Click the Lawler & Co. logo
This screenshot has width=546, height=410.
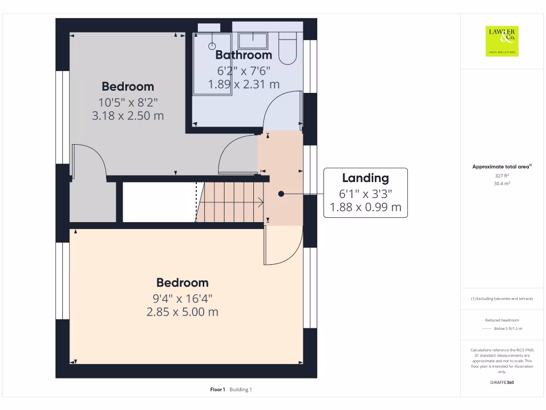pyautogui.click(x=502, y=41)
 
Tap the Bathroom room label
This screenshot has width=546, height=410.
pyautogui.click(x=244, y=55)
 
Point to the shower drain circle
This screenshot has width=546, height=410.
pyautogui.click(x=212, y=46)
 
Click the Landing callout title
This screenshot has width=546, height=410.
pyautogui.click(x=365, y=178)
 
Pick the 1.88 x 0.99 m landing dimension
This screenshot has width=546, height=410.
pyautogui.click(x=365, y=207)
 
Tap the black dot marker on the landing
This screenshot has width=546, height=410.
pyautogui.click(x=281, y=194)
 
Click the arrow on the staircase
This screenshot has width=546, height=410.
pyautogui.click(x=259, y=202)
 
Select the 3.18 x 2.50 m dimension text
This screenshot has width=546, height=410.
pyautogui.click(x=128, y=115)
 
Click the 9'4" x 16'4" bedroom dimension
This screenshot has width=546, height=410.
pyautogui.click(x=182, y=298)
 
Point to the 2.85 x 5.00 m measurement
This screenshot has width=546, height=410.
pyautogui.click(x=182, y=312)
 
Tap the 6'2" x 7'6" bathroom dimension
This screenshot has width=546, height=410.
pyautogui.click(x=244, y=70)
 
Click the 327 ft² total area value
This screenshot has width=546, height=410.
pyautogui.click(x=502, y=175)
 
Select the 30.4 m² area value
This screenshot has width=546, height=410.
pyautogui.click(x=502, y=183)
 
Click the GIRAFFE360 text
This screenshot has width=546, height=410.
pyautogui.click(x=502, y=382)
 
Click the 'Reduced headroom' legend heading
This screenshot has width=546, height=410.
pyautogui.click(x=502, y=320)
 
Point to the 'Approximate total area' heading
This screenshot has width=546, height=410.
pyautogui.click(x=501, y=167)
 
